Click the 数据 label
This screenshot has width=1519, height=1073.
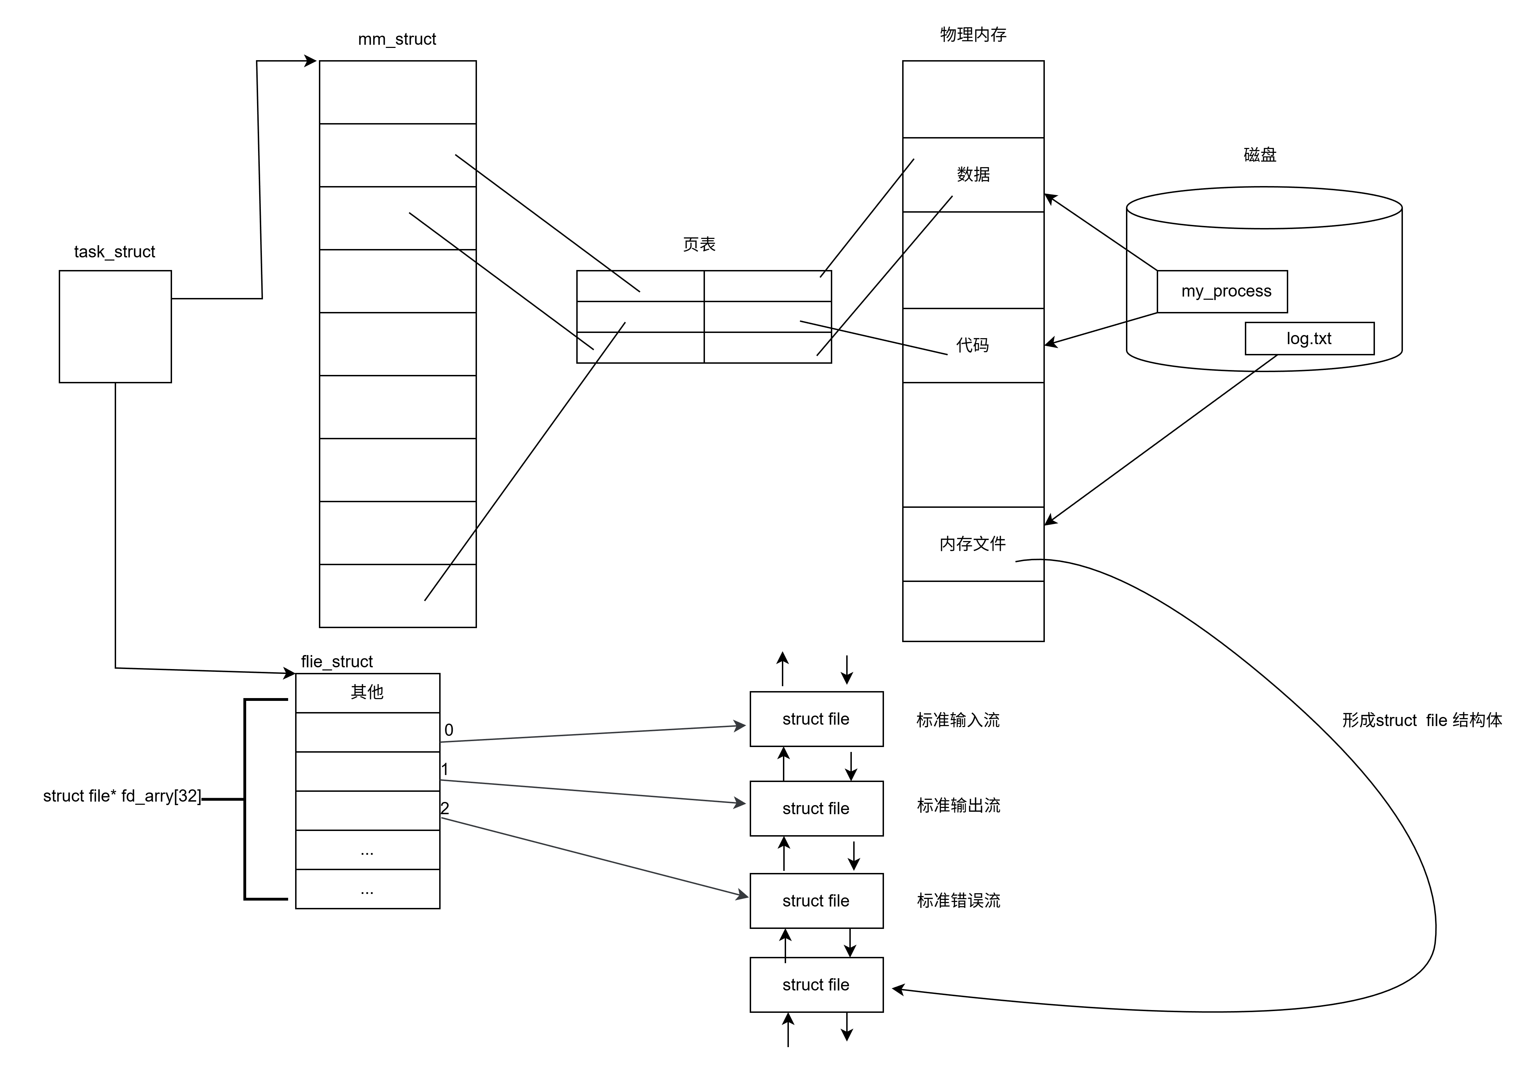[x=973, y=175]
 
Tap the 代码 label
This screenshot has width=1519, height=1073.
[x=972, y=345]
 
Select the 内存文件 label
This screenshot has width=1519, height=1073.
[x=972, y=544]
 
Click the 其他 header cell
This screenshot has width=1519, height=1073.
[x=367, y=692]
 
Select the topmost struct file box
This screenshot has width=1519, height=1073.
[x=816, y=719]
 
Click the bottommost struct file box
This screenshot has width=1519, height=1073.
[x=816, y=985]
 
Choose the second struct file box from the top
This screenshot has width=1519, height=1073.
[x=816, y=808]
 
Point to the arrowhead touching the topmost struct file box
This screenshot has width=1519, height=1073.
[x=741, y=726]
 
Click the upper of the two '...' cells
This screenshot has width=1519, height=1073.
[x=367, y=850]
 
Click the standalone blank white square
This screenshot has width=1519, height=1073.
[x=115, y=326]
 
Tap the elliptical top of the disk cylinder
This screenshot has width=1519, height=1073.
[x=1264, y=208]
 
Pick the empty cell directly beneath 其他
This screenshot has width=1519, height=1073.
[x=367, y=732]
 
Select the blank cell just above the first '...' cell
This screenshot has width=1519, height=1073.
[x=367, y=810]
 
